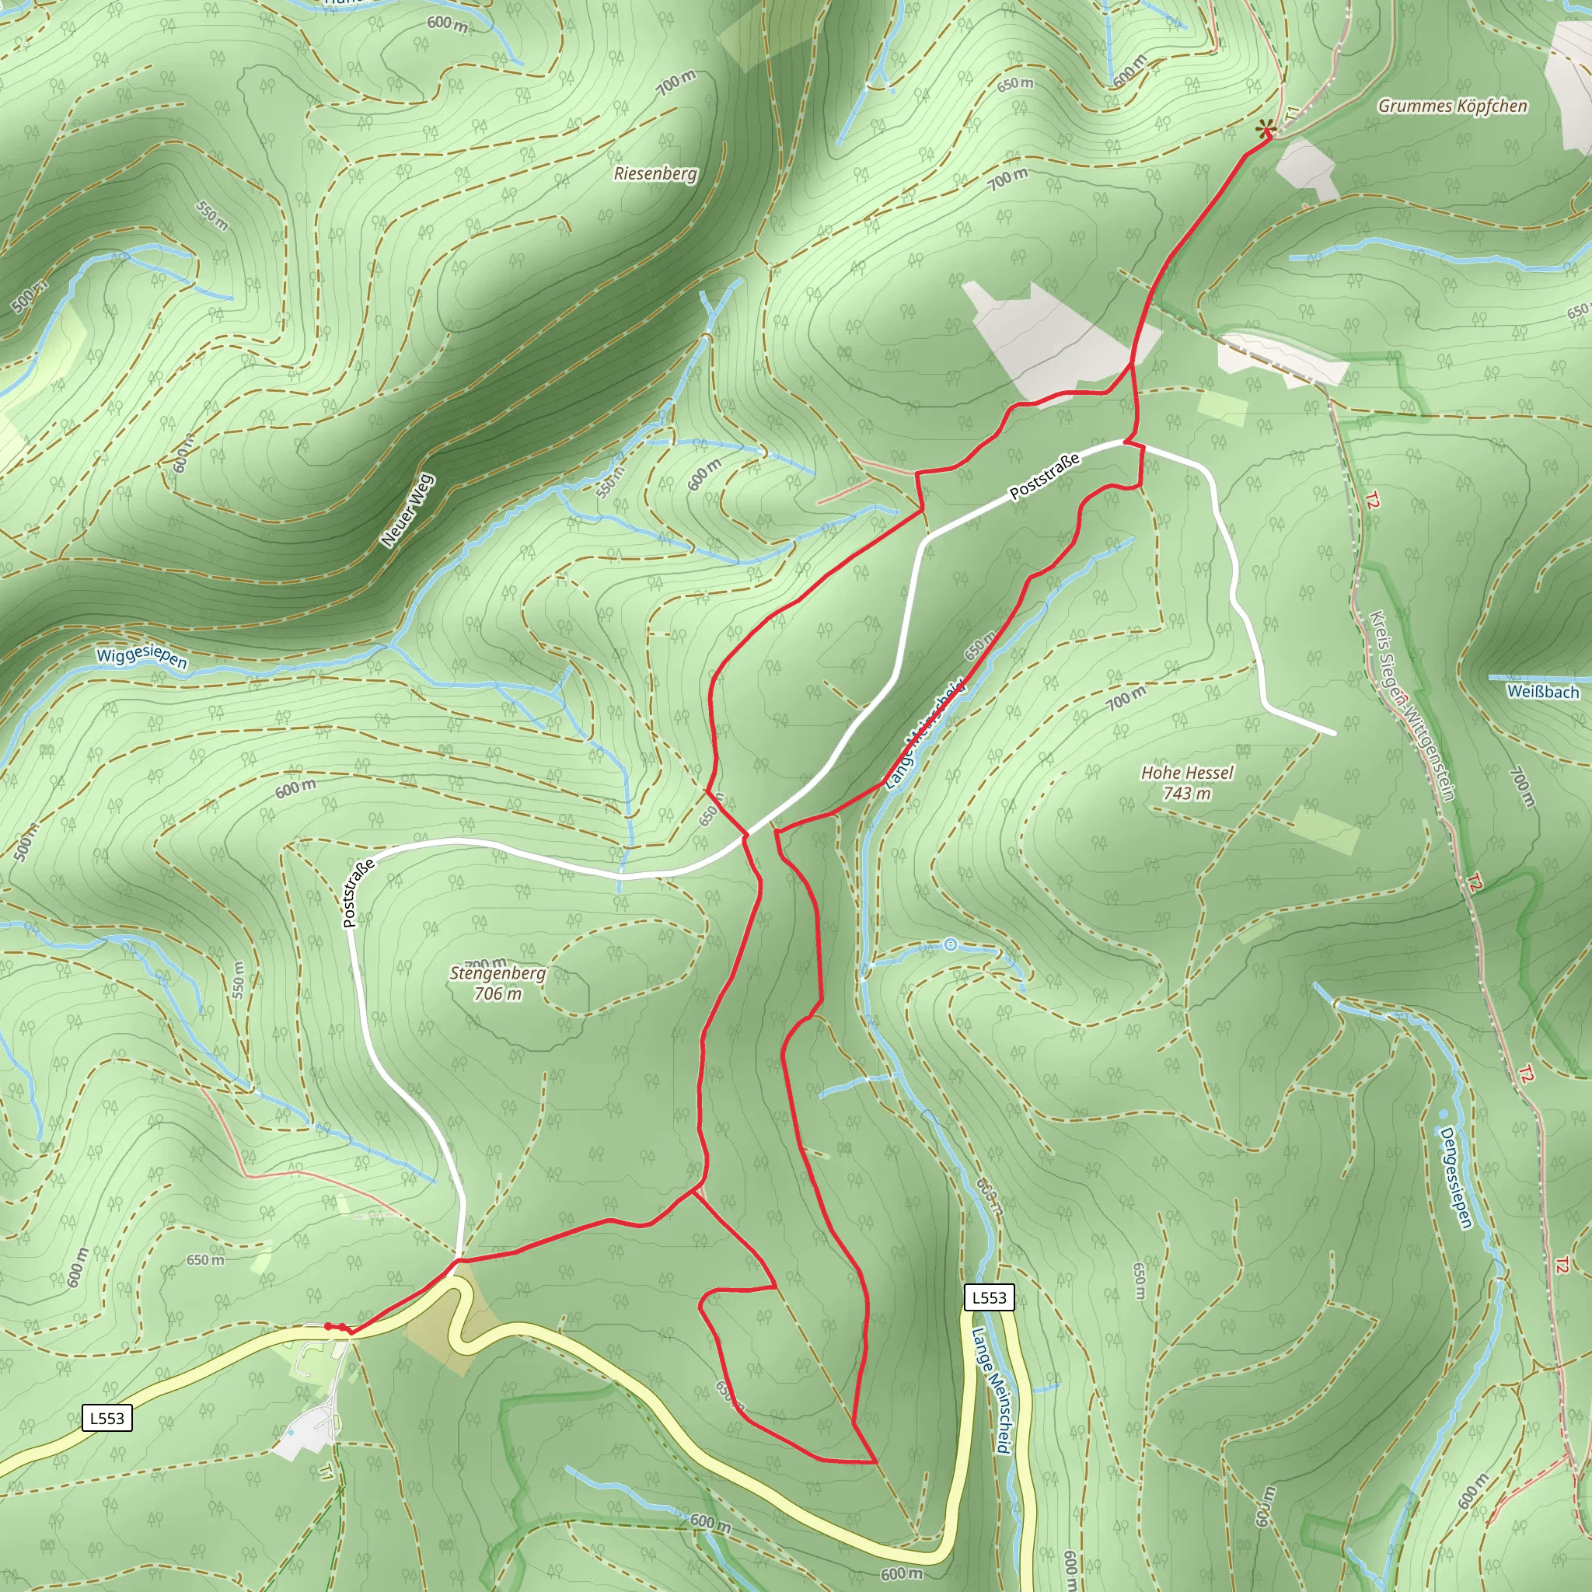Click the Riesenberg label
click(655, 174)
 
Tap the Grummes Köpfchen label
click(1452, 106)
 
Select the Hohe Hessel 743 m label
click(1186, 783)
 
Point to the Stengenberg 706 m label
click(497, 983)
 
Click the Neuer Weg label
click(407, 510)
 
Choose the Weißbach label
click(1542, 691)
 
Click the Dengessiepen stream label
click(1455, 1178)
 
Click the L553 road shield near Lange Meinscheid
click(989, 1298)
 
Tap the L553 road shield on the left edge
click(107, 1418)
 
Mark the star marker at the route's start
click(1265, 130)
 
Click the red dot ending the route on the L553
click(328, 1326)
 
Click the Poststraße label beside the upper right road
click(1044, 477)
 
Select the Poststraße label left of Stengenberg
click(358, 892)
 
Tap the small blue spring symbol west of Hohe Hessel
click(950, 945)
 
